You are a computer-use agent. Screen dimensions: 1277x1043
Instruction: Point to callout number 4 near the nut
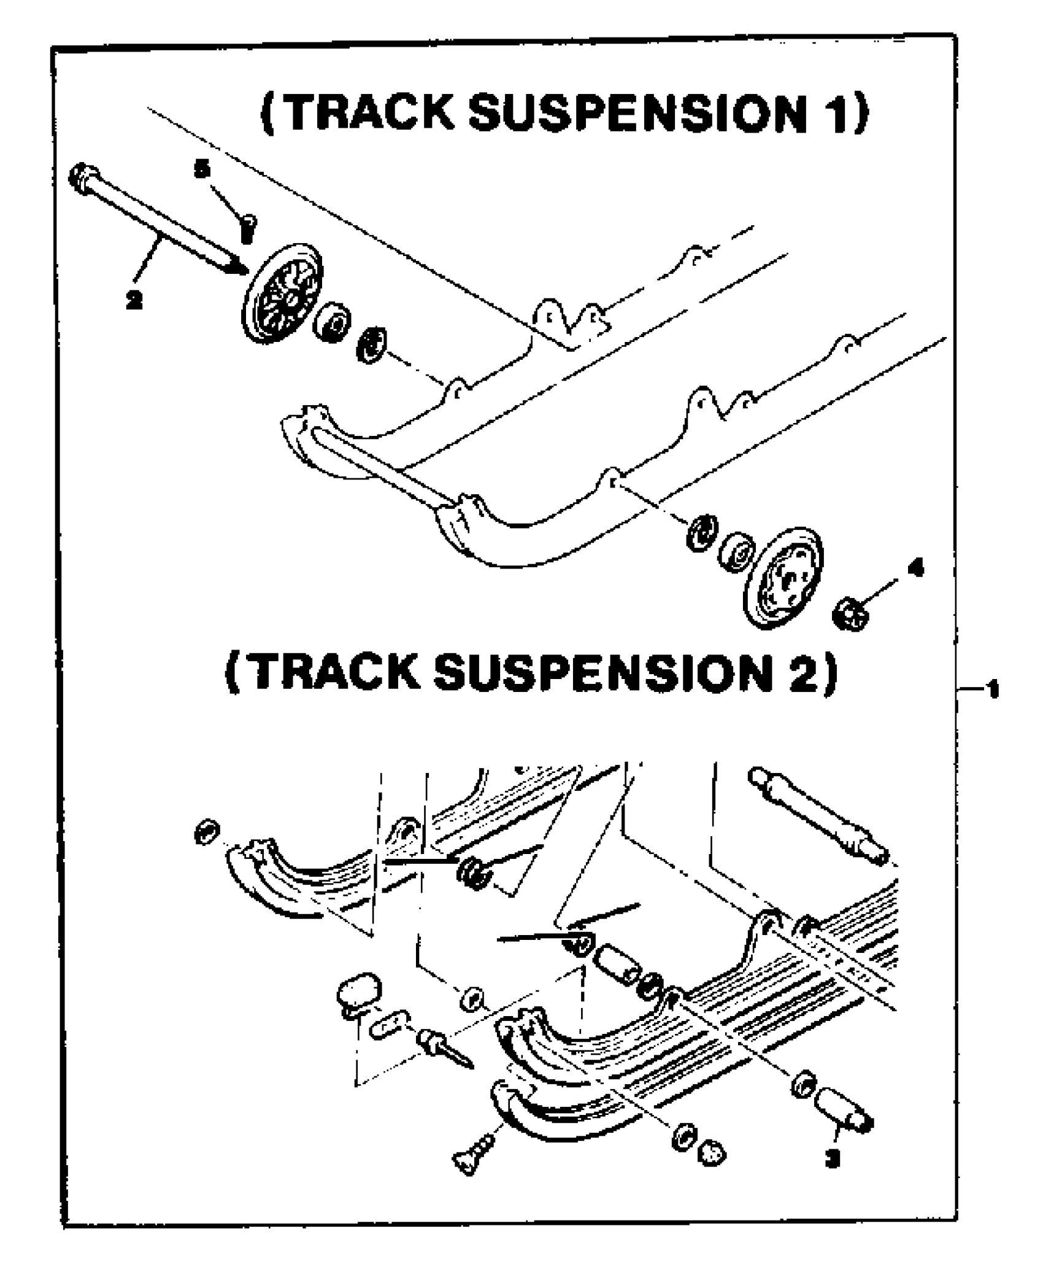click(x=915, y=570)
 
